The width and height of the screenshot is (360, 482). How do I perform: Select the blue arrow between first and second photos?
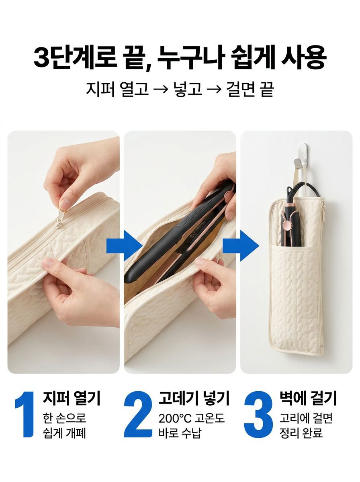click(124, 246)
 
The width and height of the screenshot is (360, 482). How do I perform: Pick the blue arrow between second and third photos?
click(241, 246)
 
